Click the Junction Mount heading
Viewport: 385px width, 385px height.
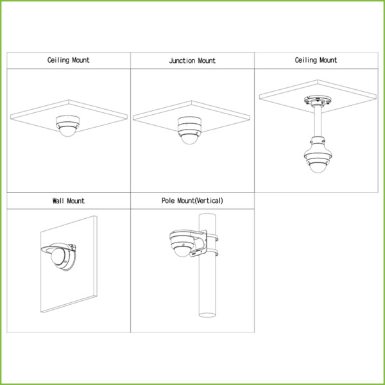coord(193,61)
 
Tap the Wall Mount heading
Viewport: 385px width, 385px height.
coord(69,201)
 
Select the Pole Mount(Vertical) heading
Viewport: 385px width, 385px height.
coord(193,201)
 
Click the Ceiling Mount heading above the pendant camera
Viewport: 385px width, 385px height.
coord(316,60)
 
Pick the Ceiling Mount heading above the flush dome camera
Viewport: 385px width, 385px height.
coord(68,60)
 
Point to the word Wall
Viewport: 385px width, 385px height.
coord(58,201)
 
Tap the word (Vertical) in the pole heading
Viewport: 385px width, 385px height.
coord(209,201)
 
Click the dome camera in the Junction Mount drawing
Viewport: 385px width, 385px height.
coord(189,130)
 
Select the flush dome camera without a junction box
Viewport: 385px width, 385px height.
coord(67,126)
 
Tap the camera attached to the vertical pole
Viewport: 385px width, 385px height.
coord(183,243)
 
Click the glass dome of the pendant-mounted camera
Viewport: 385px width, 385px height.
coord(318,167)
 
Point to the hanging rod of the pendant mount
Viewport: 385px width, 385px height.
coord(318,121)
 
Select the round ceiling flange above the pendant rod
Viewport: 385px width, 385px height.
coord(318,100)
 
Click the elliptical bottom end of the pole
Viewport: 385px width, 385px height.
coord(207,315)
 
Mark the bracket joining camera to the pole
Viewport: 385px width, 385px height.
coord(200,244)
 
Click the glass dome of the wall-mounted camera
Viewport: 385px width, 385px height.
coord(58,256)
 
